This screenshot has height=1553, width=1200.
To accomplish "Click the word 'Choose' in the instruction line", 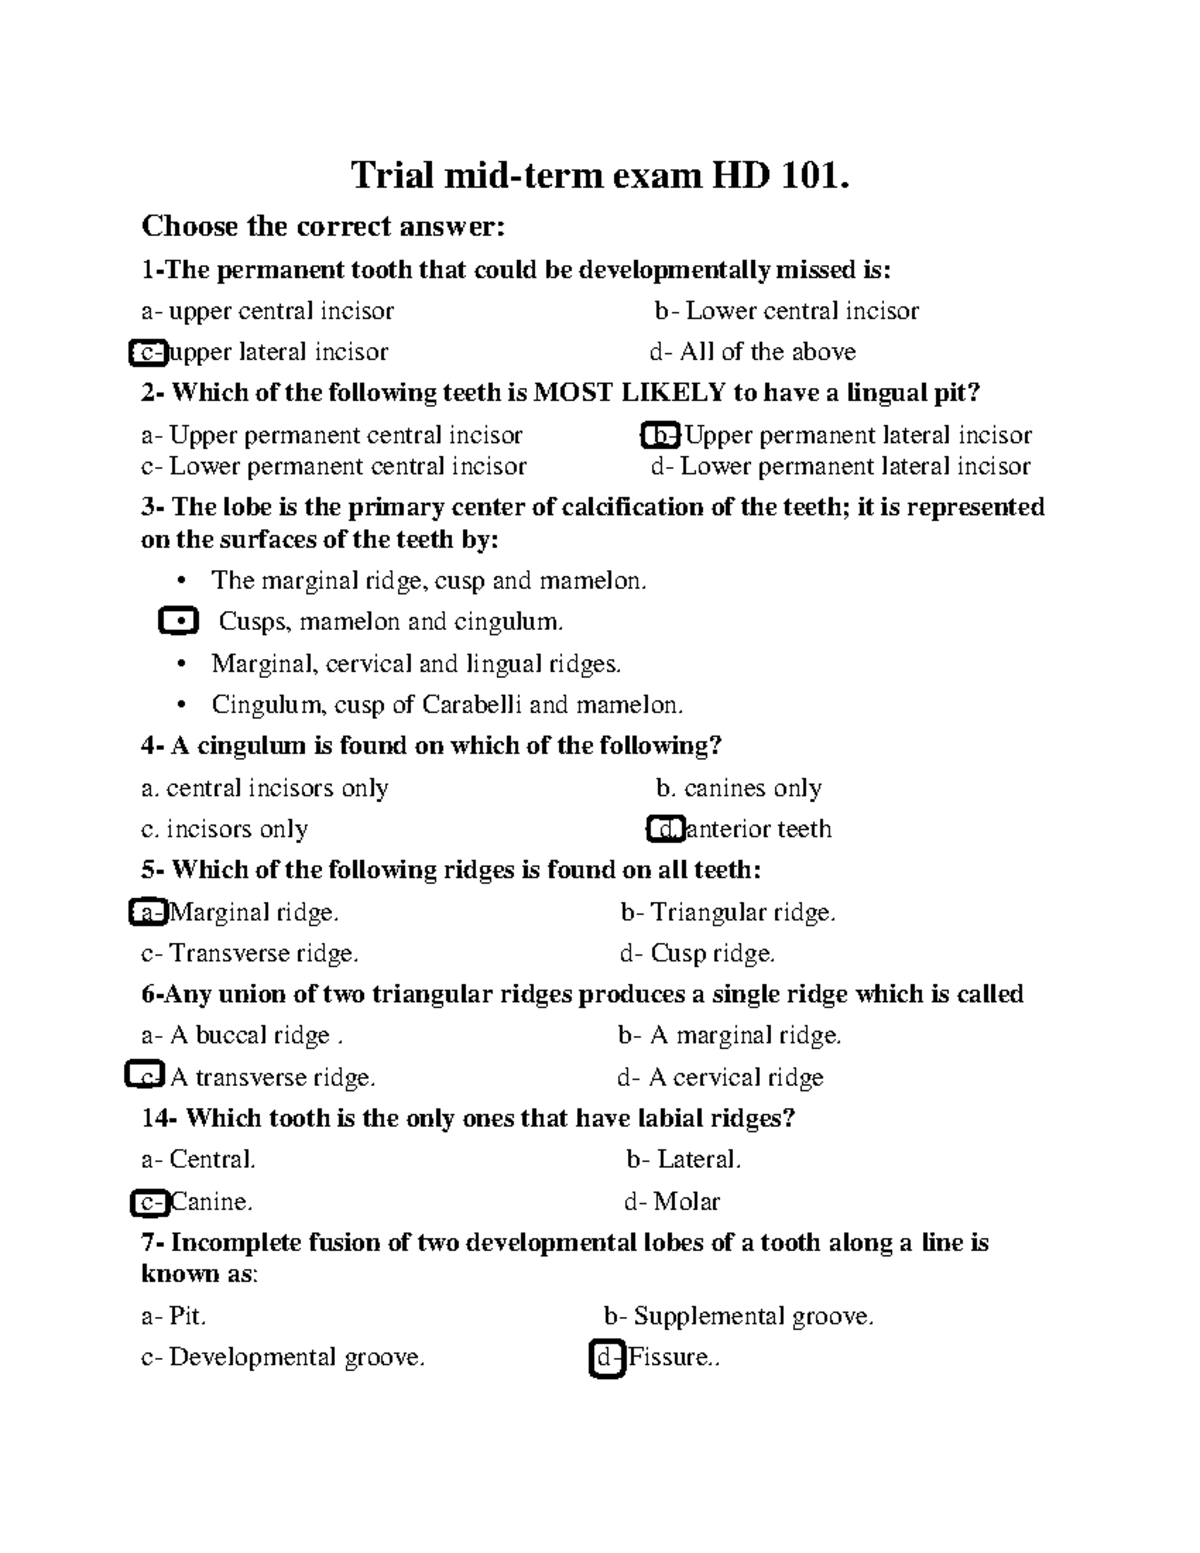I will coord(189,227).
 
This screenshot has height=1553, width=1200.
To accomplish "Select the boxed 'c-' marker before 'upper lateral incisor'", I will coord(148,353).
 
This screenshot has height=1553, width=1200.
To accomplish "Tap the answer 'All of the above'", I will coord(766,352).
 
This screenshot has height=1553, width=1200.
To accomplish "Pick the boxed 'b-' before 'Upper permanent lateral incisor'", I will coord(660,436).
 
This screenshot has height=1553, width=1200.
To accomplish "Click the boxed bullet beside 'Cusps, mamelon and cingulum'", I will coord(178,622).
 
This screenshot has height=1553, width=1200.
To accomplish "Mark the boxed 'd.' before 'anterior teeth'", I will coord(665,829).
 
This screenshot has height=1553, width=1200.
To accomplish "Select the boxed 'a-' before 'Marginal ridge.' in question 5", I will coord(149,912).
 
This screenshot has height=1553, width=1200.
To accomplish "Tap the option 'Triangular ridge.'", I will coord(742,912).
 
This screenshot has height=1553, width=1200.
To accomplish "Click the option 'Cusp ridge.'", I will coord(712,954).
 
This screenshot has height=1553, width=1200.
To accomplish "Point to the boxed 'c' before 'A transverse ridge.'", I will coord(145,1077).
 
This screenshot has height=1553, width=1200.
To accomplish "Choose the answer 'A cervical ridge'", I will coord(735,1077).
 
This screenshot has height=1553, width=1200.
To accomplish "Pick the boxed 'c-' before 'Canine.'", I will coord(150,1202).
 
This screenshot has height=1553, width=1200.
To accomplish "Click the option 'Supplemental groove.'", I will coord(753,1316).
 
